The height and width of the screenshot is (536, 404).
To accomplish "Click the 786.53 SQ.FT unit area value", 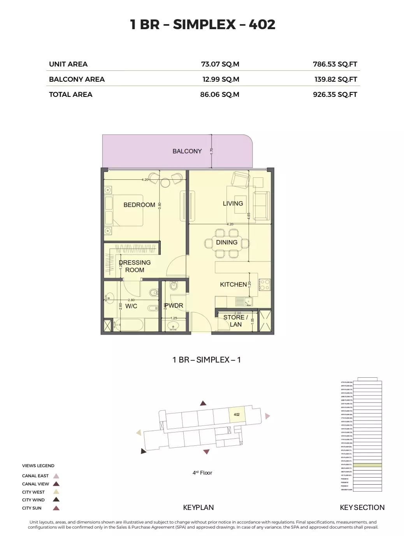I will tap(335, 64).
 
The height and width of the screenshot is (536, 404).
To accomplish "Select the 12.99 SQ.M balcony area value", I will tap(221, 79).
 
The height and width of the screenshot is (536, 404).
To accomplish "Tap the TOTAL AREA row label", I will tap(70, 95).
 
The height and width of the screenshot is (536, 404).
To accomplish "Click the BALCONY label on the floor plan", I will tap(187, 151).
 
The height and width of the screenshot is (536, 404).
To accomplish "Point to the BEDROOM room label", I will tap(139, 205).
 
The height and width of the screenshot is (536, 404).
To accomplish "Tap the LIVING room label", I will tap(233, 203).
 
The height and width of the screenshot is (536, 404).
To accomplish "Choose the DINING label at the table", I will tap(227, 242).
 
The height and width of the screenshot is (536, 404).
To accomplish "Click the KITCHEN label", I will tap(233, 284).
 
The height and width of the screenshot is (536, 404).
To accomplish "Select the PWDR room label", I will tap(174, 306).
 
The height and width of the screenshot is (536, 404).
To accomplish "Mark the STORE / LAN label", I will tap(235, 321).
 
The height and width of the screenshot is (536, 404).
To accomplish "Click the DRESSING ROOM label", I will tap(135, 266).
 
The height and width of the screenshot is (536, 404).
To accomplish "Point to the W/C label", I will tap(131, 306).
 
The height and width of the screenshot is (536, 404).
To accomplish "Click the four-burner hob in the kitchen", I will tap(265, 285).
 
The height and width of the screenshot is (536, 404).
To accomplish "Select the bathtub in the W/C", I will tap(128, 324).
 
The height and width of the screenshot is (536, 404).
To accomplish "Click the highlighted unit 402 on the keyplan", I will tap(237, 415).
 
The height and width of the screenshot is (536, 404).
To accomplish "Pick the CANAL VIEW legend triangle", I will tap(56, 484).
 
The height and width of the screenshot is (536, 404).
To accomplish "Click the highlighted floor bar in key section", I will tap(367, 465).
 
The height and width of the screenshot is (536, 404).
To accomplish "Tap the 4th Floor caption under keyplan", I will tap(202, 473).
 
